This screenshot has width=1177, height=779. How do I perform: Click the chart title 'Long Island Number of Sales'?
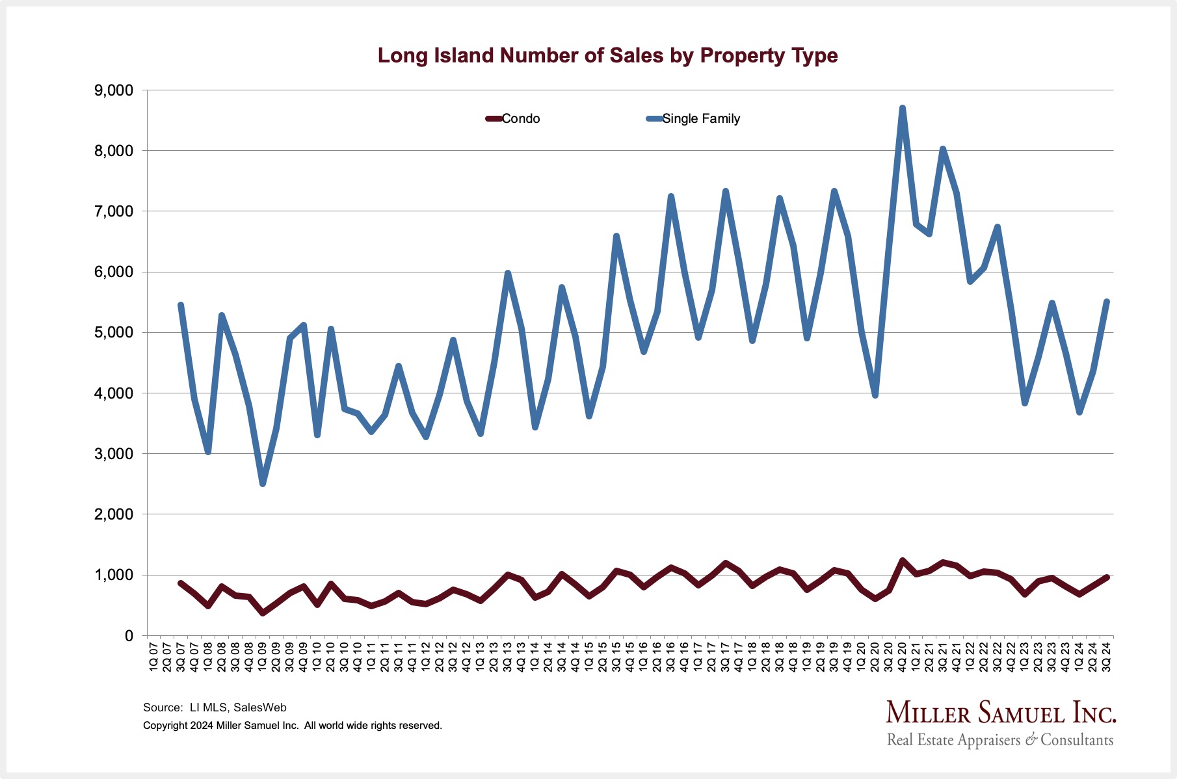(x=607, y=56)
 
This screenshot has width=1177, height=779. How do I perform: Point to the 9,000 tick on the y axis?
(x=114, y=90)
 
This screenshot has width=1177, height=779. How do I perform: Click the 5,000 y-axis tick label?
(x=114, y=333)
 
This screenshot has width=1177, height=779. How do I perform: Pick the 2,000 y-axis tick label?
(x=114, y=514)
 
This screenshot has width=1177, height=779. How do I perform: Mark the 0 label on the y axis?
(x=129, y=636)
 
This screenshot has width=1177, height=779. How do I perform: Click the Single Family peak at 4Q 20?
(x=903, y=108)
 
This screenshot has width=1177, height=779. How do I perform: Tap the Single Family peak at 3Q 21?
(x=943, y=150)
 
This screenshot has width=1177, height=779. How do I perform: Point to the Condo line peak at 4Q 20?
(x=903, y=560)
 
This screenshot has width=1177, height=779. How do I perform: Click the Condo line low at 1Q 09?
(x=263, y=613)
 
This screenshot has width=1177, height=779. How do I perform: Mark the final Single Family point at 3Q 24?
(x=1107, y=302)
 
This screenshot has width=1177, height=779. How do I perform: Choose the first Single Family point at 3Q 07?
(x=181, y=305)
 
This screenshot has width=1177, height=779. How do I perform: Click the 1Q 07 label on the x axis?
(x=153, y=657)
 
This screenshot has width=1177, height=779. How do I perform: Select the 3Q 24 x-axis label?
(x=1107, y=657)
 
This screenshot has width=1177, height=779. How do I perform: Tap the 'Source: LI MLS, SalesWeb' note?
(x=215, y=707)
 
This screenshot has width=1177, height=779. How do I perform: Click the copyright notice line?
(x=293, y=726)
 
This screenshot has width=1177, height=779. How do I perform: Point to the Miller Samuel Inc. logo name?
(x=1001, y=713)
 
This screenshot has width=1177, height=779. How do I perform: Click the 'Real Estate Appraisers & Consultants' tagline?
(x=1000, y=740)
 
